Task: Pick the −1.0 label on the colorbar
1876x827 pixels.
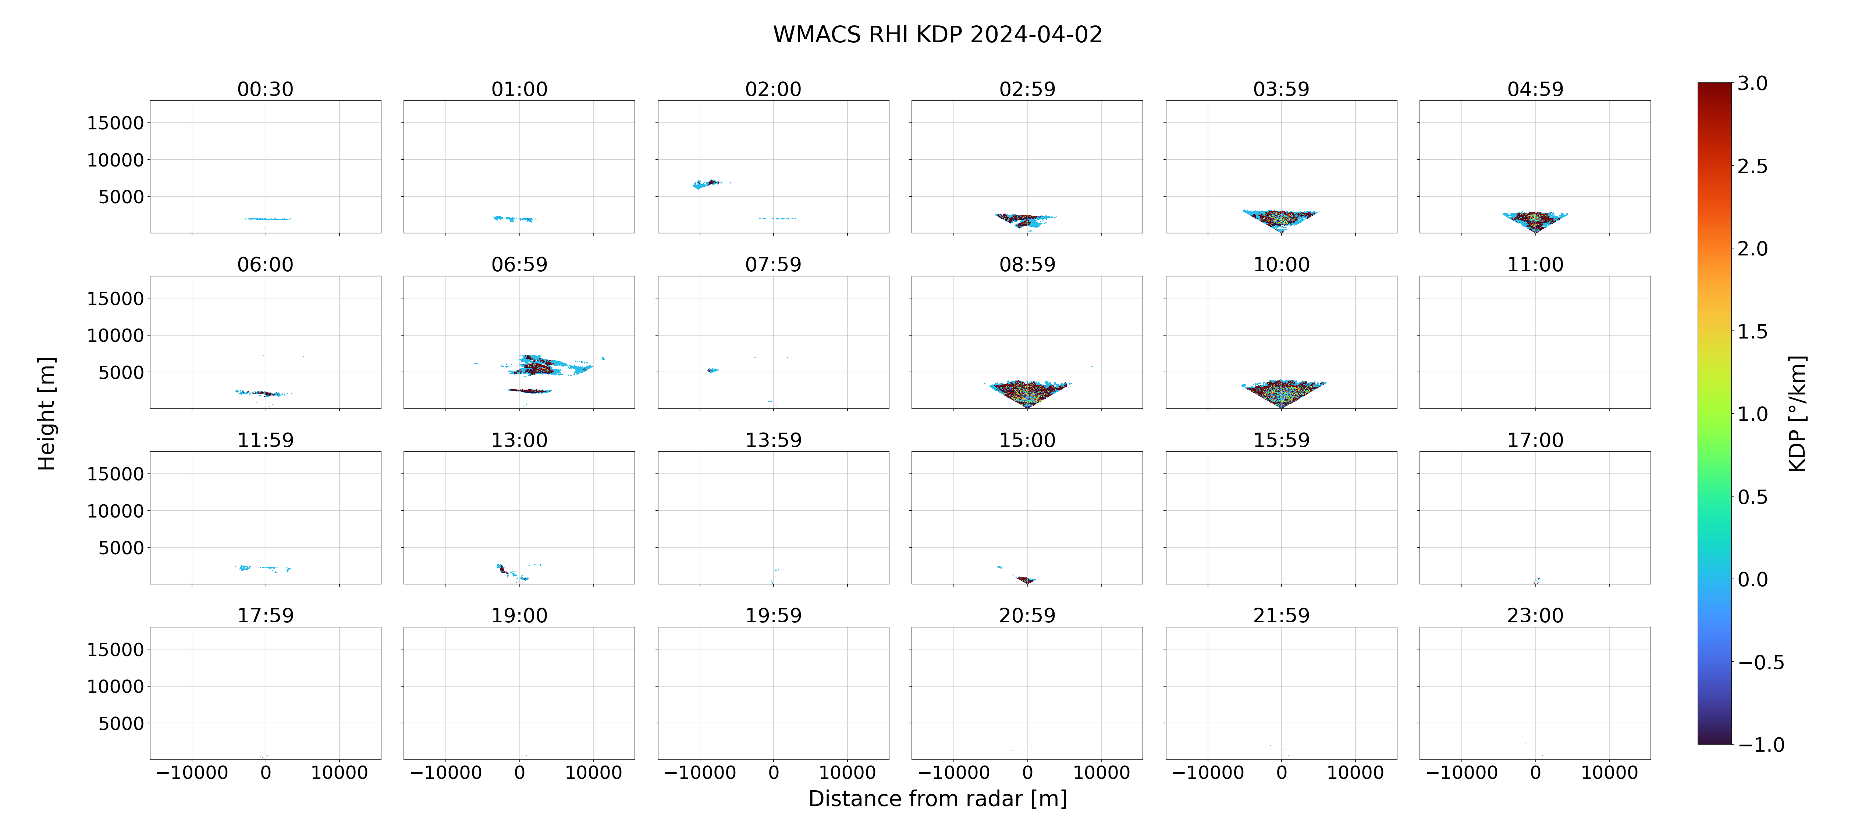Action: (1761, 745)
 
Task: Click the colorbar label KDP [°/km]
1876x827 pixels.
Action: (1797, 413)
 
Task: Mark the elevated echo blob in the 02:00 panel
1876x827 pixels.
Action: (706, 183)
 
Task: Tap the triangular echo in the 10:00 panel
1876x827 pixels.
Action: (1282, 393)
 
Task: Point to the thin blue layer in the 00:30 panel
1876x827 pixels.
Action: (267, 218)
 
